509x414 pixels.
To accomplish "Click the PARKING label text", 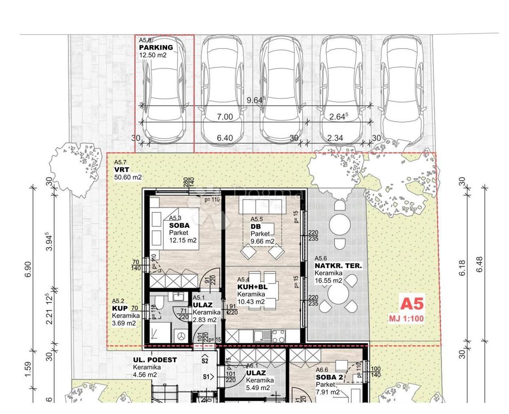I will pyautogui.click(x=156, y=48).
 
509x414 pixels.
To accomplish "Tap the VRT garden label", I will pyautogui.click(x=121, y=170).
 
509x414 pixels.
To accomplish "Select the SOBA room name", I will pyautogui.click(x=179, y=226).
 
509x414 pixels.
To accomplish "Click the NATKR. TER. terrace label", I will pyautogui.click(x=338, y=266).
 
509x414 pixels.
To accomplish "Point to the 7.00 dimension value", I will pyautogui.click(x=225, y=117).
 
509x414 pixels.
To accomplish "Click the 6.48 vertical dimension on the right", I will pyautogui.click(x=480, y=264).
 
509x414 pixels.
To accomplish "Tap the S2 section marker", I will pyautogui.click(x=205, y=361).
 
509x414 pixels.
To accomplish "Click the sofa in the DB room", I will pyautogui.click(x=259, y=207).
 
